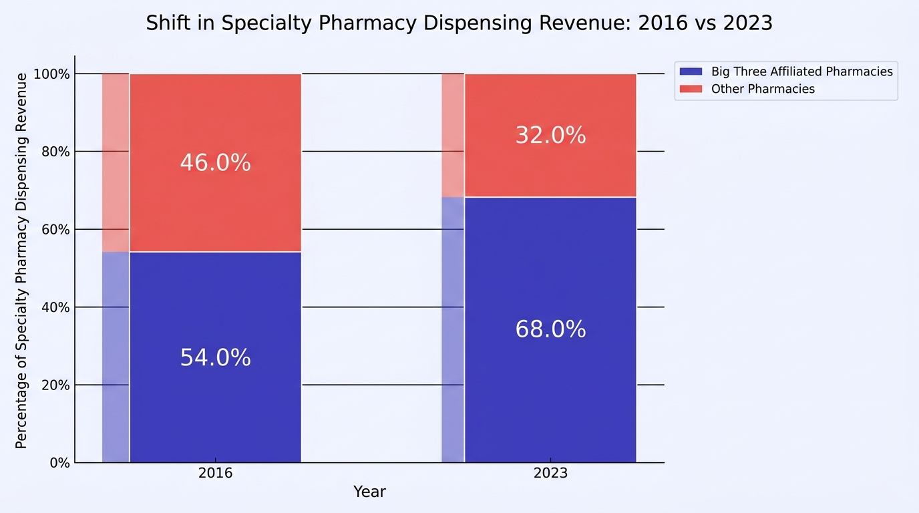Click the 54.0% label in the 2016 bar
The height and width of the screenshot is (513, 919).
215,357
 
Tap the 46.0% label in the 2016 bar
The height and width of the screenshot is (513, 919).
215,162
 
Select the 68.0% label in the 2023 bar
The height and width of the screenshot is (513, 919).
550,329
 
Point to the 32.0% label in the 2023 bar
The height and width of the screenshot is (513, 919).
550,135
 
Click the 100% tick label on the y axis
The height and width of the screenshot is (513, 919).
51,74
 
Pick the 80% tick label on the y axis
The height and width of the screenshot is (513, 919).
55,152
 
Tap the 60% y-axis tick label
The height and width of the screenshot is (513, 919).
55,230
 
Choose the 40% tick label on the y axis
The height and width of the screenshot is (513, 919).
55,307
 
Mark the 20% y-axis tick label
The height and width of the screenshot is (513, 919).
55,385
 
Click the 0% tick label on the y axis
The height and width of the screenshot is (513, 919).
60,463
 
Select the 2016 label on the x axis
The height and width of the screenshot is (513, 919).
215,473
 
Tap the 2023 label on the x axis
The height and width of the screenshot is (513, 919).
550,473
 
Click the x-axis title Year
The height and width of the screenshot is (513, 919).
369,492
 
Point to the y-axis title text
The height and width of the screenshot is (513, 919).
21,261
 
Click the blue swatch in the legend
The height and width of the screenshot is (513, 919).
691,71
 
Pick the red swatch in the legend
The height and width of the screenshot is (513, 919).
691,89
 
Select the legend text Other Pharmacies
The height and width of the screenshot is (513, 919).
763,89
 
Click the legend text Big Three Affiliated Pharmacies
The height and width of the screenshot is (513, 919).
802,71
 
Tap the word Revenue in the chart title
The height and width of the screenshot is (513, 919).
585,23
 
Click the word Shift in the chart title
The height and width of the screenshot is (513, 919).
168,23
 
